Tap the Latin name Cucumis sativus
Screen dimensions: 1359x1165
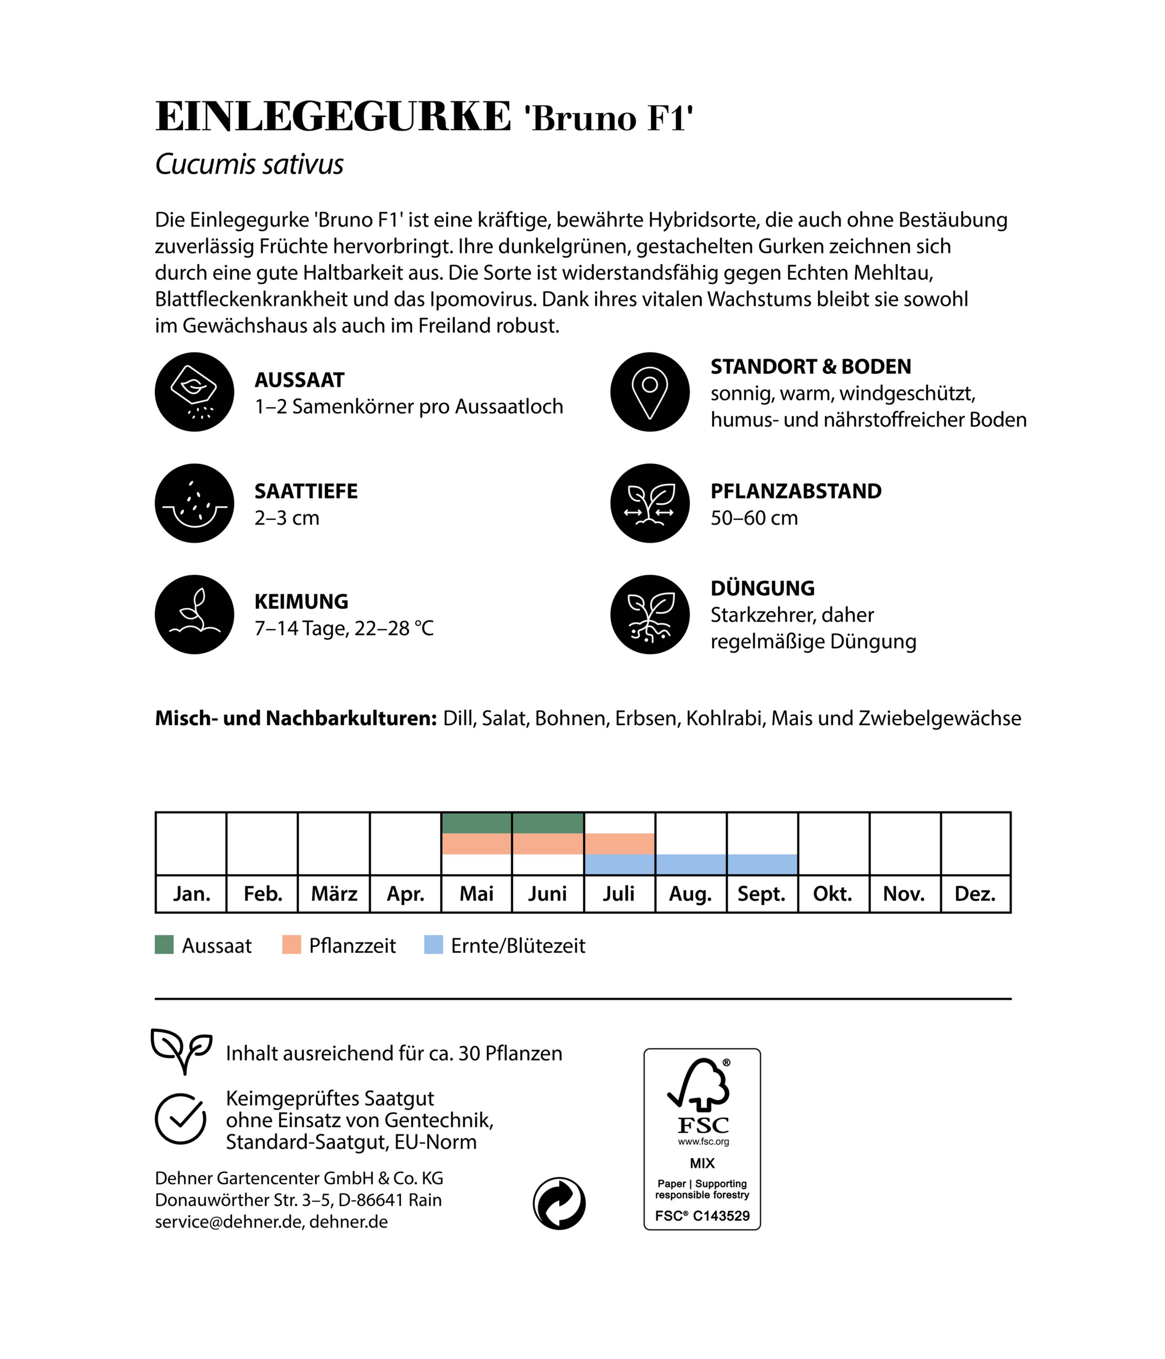(249, 164)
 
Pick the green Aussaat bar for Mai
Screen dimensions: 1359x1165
(476, 822)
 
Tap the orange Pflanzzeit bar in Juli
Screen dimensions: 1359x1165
(619, 844)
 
